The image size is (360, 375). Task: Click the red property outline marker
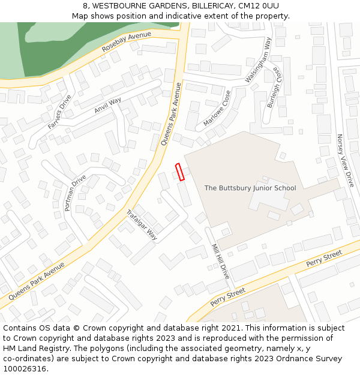178,172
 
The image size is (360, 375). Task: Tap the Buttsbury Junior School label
250,188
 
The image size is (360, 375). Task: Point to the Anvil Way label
108,105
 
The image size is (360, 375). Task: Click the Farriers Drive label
60,112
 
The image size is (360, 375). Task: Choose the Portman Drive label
75,193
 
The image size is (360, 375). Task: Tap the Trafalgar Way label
142,225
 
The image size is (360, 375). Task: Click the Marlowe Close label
217,108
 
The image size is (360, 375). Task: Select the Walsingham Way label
259,60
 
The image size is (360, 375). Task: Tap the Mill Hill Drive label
221,261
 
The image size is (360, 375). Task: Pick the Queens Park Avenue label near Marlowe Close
171,115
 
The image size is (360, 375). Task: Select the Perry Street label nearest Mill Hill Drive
228,296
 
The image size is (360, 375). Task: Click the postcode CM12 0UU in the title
259,6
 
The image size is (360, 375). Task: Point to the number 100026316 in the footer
25,368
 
